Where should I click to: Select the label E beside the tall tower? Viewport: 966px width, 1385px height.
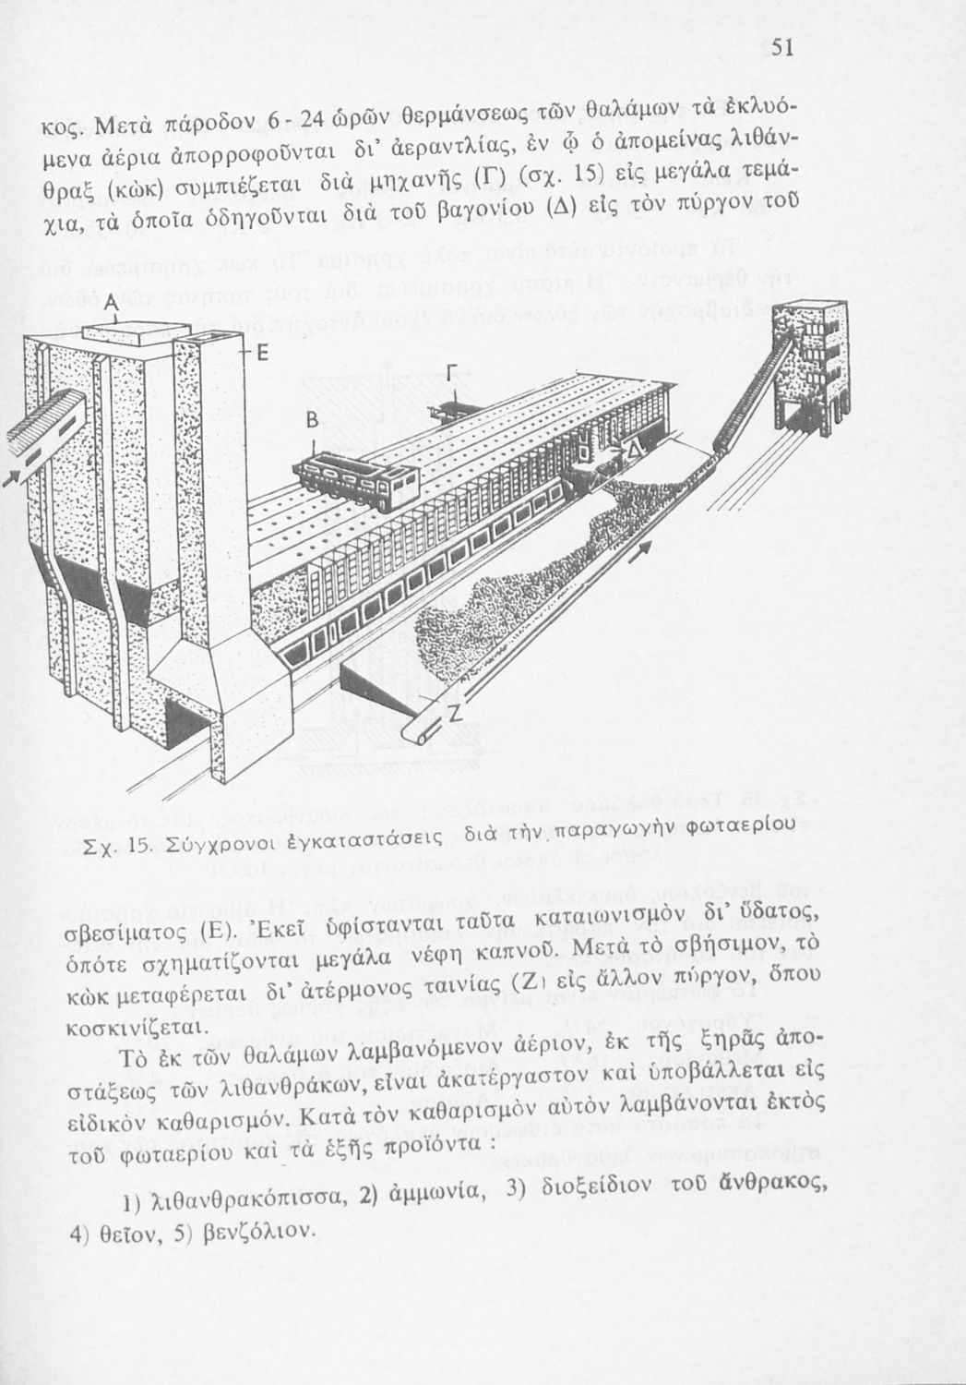point(262,355)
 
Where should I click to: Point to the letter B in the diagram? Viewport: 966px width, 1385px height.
point(312,421)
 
